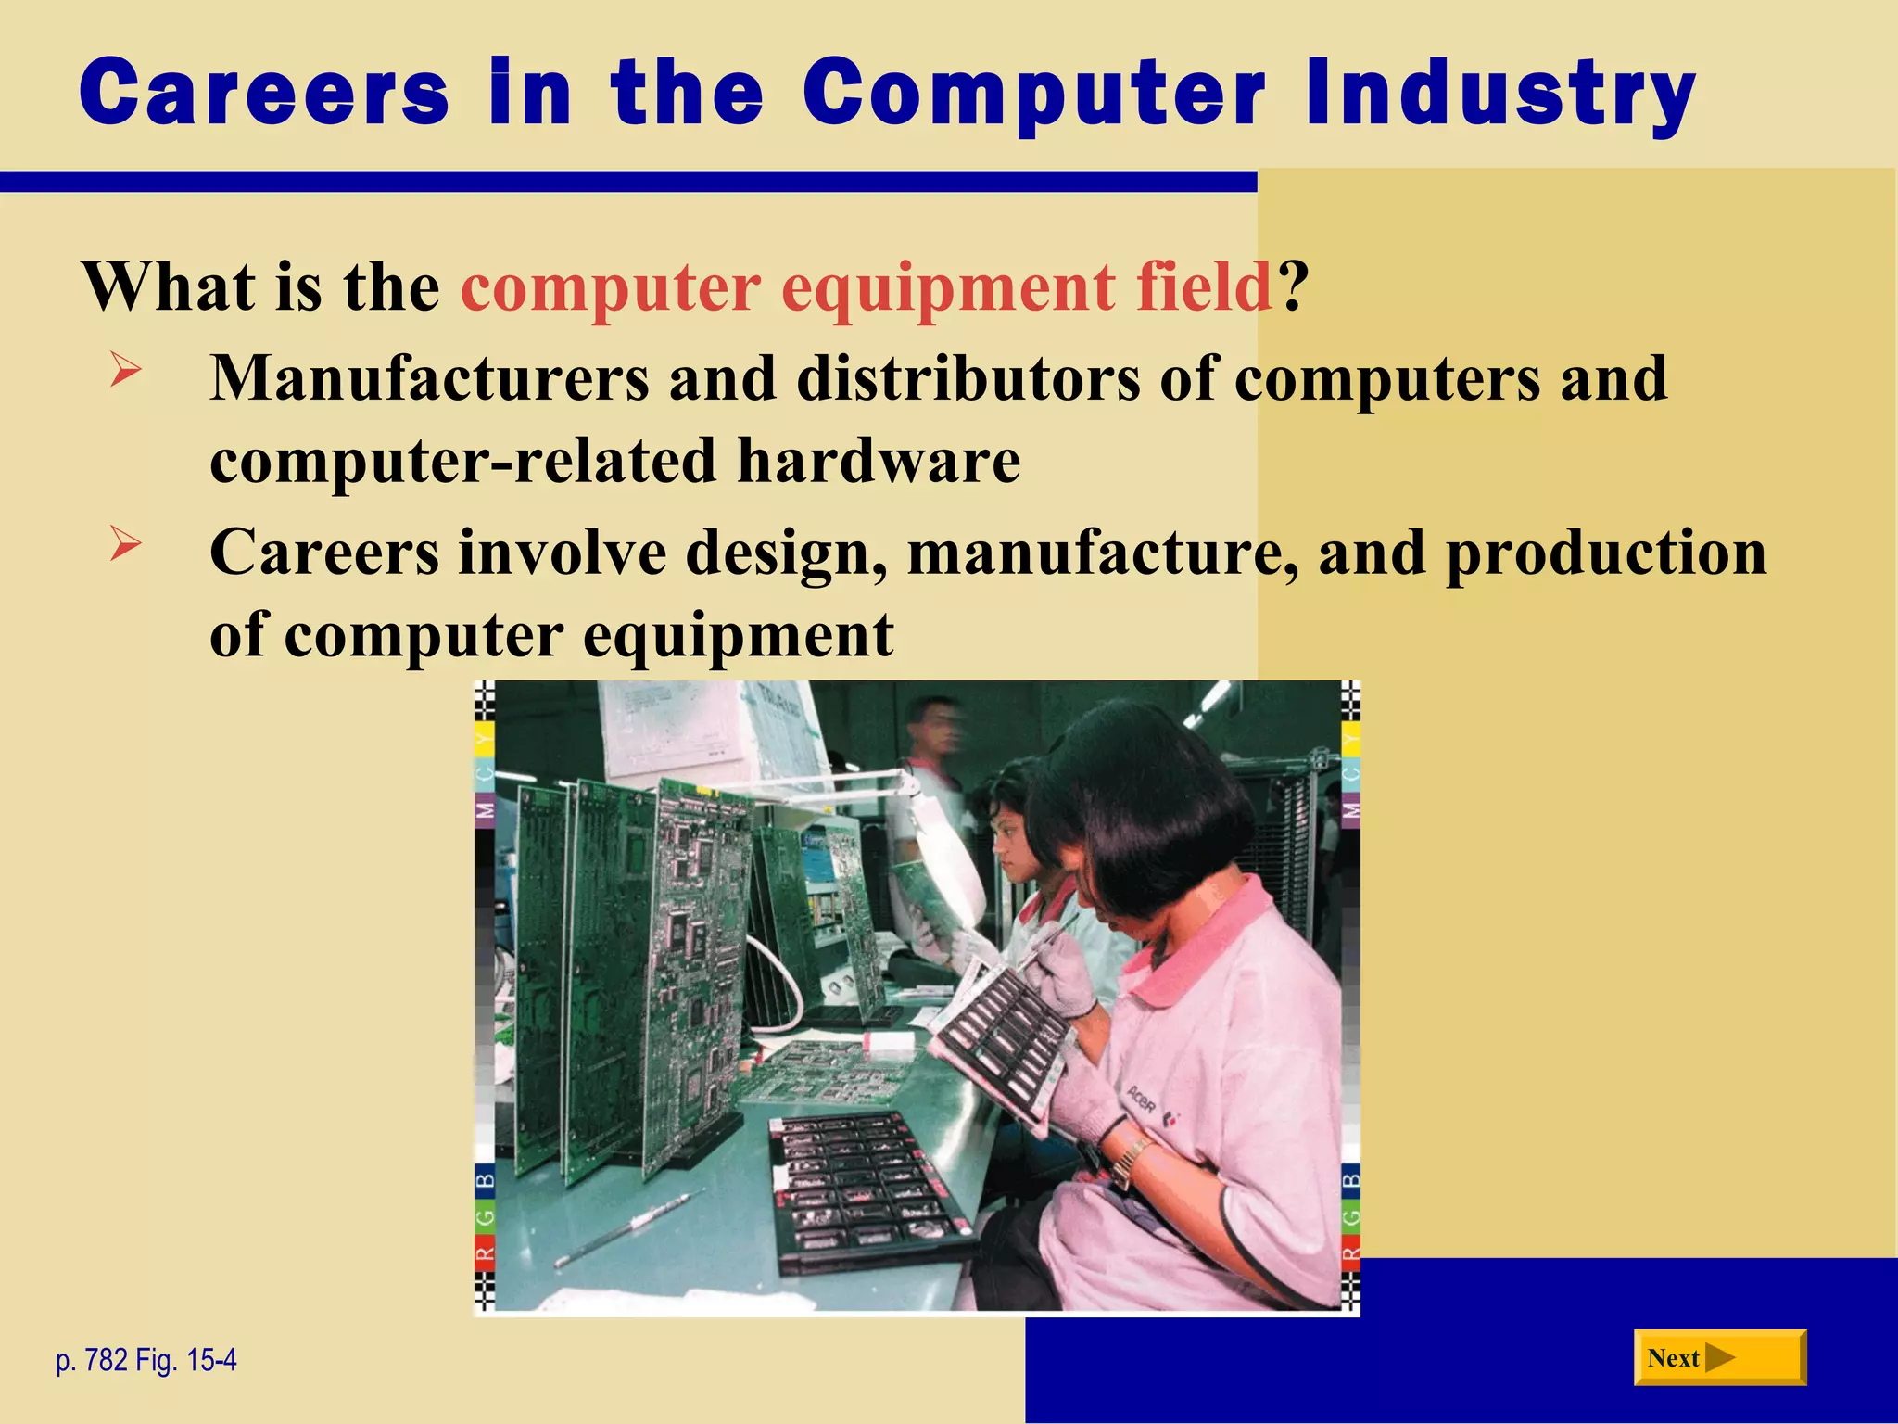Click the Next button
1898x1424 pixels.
pos(1719,1358)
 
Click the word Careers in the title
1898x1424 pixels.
pos(264,93)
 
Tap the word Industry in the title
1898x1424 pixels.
pos(1500,93)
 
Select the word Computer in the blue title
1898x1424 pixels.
pos(1034,93)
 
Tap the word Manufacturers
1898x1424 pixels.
pos(429,379)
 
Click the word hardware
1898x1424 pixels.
pos(879,461)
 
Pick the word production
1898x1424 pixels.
pos(1606,554)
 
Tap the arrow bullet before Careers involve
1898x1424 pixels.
pos(125,543)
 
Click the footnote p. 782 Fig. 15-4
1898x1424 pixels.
pos(146,1360)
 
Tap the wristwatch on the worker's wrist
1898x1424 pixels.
pos(1130,1160)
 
